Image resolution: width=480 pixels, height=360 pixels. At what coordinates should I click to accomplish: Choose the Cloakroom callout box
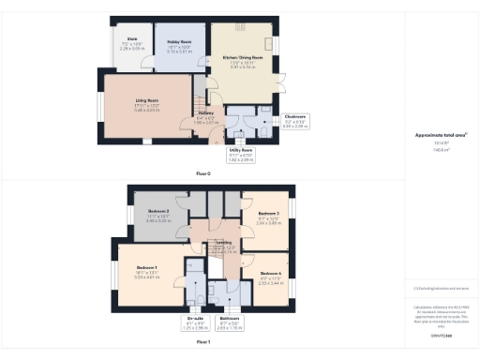[294, 121]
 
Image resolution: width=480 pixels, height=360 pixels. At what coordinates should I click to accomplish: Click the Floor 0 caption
[203, 173]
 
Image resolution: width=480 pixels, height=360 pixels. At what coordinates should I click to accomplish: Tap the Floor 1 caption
[203, 343]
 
